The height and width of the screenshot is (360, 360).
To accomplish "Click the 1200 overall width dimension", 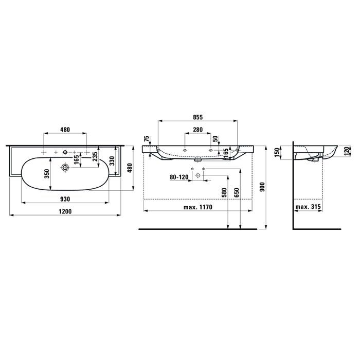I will tap(65, 212).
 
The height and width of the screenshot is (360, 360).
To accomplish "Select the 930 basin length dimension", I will tap(65, 198).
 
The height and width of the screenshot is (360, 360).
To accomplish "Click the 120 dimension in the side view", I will tap(348, 151).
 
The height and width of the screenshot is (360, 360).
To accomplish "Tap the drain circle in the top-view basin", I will tap(65, 168).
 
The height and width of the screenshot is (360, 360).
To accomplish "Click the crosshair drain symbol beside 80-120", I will tap(197, 176).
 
